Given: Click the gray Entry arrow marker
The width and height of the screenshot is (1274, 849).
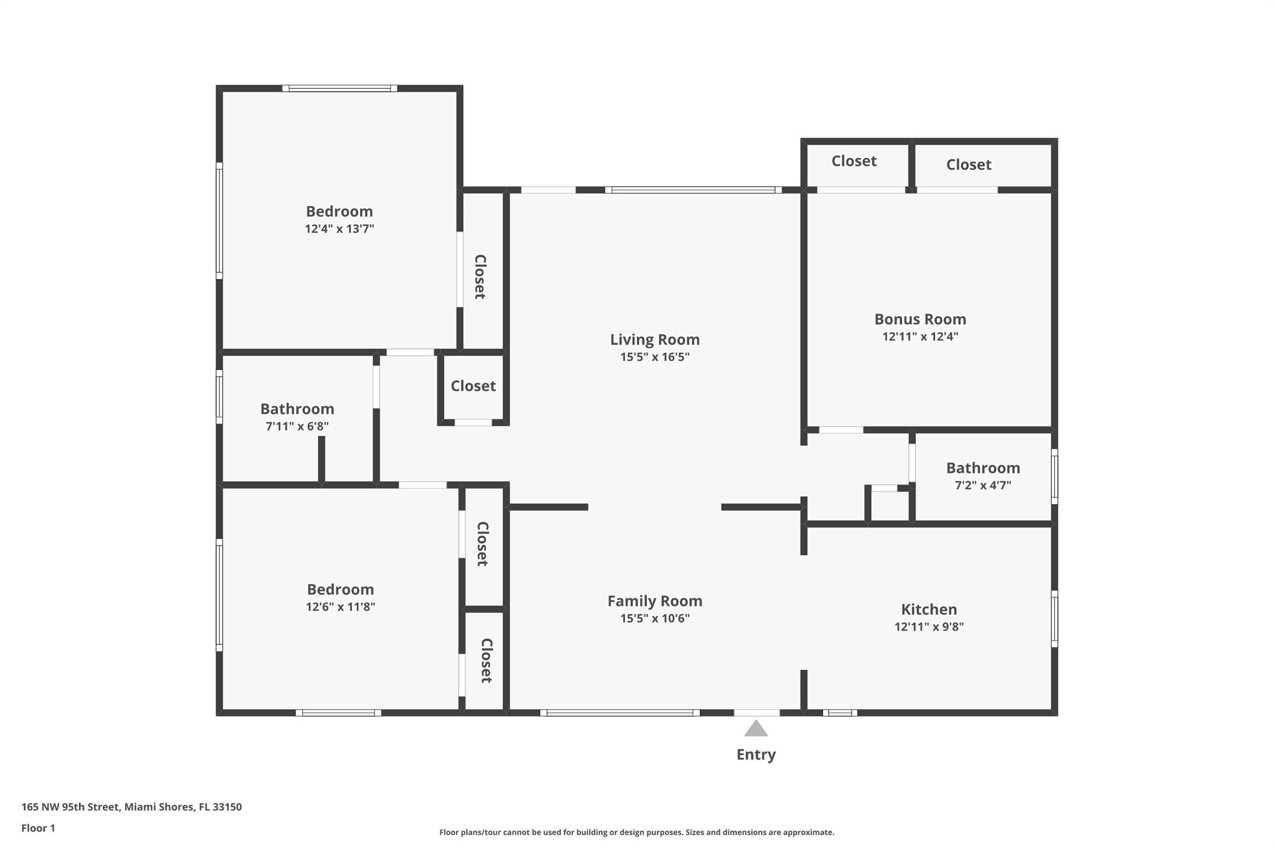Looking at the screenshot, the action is click(756, 728).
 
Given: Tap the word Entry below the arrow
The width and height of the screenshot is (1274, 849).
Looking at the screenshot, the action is click(756, 754).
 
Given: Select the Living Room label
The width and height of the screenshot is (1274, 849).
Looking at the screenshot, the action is click(654, 340).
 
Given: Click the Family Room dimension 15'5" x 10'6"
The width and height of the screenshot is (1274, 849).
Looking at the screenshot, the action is click(655, 618).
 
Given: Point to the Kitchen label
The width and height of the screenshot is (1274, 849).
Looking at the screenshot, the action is click(929, 610).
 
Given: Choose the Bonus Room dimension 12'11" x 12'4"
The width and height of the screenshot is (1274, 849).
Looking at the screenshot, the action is click(920, 336).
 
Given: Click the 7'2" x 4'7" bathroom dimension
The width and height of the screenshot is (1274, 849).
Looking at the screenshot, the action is click(983, 485).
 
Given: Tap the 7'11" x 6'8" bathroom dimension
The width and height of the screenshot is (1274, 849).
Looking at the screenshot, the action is click(297, 426).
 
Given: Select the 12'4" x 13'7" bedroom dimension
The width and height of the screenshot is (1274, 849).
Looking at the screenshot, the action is click(339, 228).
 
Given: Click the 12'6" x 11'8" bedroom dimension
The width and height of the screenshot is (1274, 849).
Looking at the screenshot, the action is click(340, 606).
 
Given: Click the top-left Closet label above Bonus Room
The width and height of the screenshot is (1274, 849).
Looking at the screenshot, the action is click(854, 161).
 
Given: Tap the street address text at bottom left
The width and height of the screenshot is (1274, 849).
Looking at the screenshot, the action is click(131, 807).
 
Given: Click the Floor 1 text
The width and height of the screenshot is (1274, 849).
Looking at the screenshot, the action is click(38, 828).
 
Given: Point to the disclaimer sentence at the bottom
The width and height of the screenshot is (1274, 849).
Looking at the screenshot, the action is click(636, 832).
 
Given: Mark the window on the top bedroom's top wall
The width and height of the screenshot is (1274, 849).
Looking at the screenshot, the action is click(340, 88).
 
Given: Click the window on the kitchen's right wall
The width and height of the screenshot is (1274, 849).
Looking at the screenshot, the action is click(1054, 619).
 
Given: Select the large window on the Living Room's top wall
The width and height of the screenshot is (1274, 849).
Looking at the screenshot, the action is click(694, 190).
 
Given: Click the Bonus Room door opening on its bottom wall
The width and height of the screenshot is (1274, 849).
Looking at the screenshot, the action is click(841, 430).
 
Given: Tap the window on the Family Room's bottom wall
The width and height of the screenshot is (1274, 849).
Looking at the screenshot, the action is click(620, 713).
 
